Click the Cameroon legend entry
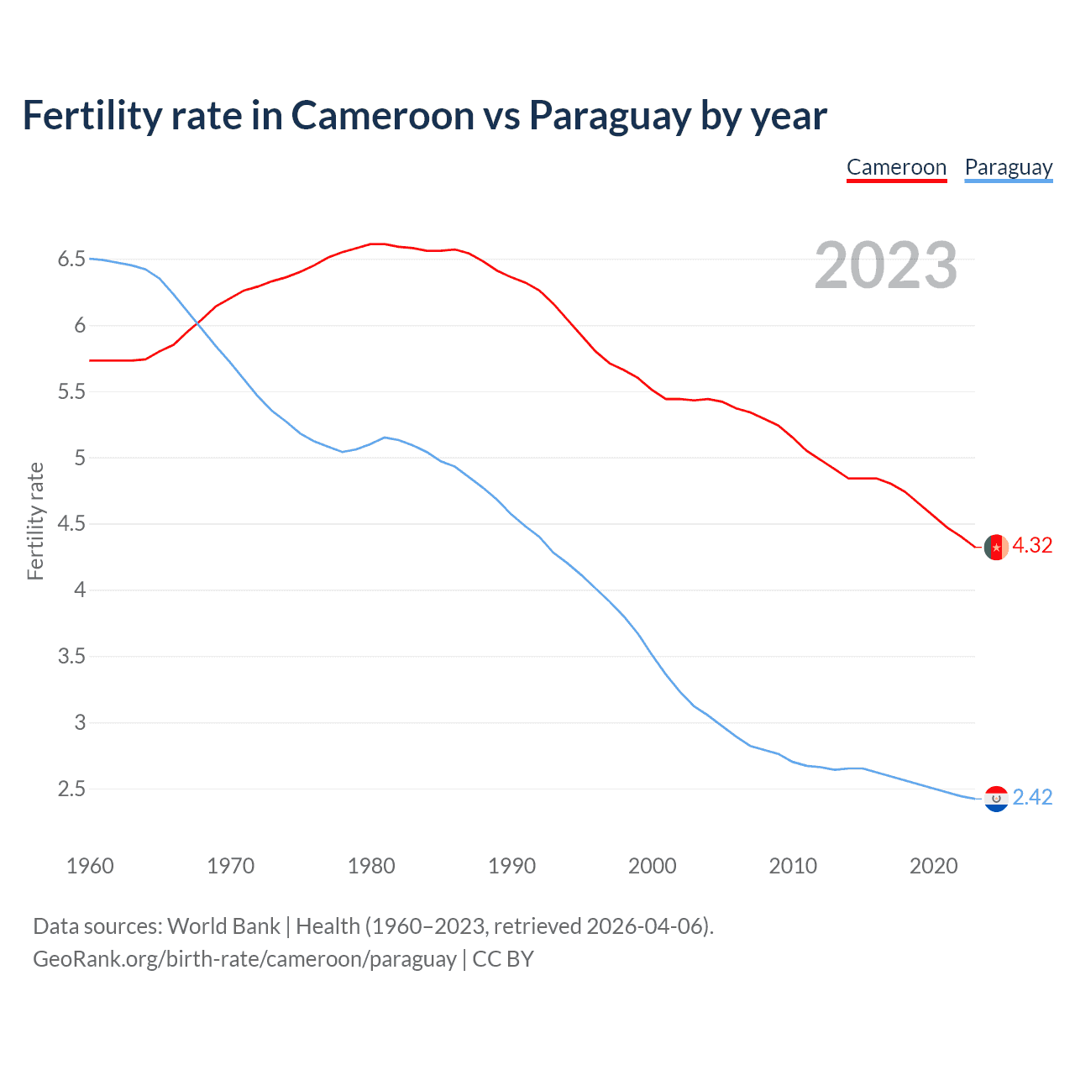pos(896,167)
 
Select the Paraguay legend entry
pos(1008,167)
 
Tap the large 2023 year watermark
pos(885,265)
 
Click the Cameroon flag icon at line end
pos(996,547)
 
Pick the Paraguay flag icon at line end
pos(996,799)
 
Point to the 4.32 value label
pos(1032,545)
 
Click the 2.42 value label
pos(1032,797)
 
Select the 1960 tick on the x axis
pos(90,866)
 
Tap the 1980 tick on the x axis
pos(371,866)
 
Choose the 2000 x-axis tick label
pos(653,866)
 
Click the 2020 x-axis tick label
pos(933,866)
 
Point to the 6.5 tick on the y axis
pos(71,259)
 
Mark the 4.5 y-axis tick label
pos(71,524)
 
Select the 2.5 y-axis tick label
pos(71,789)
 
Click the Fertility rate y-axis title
pos(35,521)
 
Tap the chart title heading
pos(424,115)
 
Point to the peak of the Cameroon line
pos(377,244)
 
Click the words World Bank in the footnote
pos(223,926)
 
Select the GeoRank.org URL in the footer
pos(244,959)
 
